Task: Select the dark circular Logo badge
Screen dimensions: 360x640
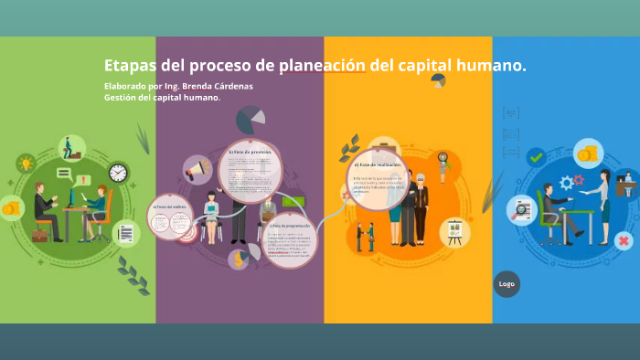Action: click(x=507, y=283)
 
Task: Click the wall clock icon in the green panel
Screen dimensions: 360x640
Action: click(x=118, y=172)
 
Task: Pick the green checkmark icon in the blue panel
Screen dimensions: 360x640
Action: click(x=536, y=157)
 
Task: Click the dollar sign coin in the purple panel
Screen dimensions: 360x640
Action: click(x=240, y=259)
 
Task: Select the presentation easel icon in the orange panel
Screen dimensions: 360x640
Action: click(x=453, y=232)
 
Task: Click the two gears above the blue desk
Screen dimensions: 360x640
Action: click(x=571, y=181)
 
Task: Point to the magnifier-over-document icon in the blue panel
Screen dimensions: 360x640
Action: click(x=522, y=210)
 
